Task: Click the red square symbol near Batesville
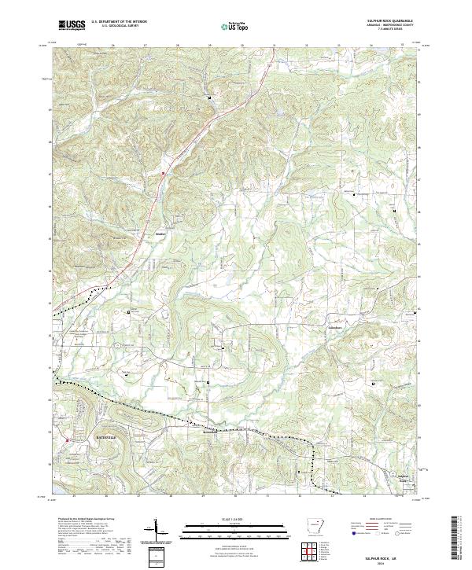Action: [68, 440]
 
